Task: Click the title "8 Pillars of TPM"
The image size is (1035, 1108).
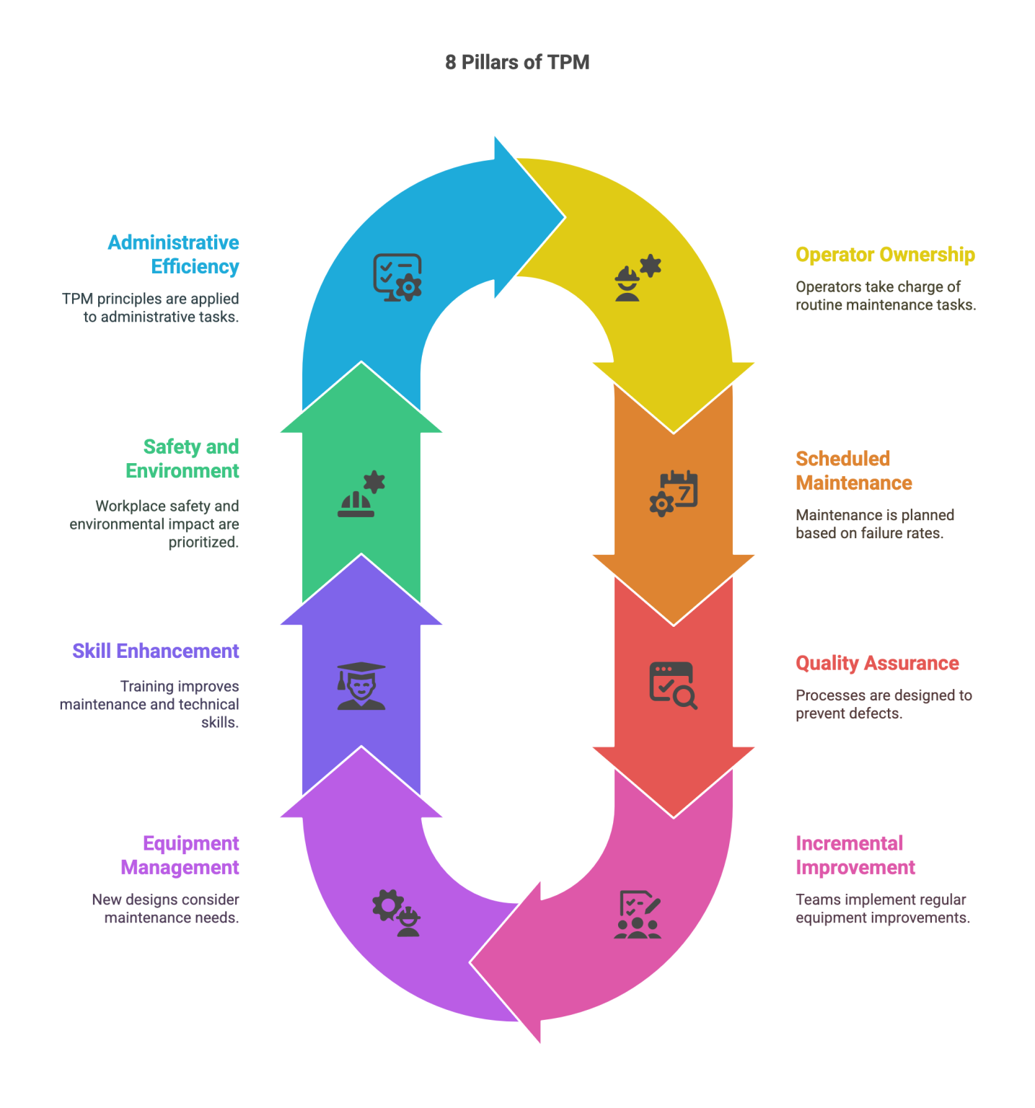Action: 517,62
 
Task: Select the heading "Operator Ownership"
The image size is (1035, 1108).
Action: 885,255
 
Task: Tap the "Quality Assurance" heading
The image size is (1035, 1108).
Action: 877,663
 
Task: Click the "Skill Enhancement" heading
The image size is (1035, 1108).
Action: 156,651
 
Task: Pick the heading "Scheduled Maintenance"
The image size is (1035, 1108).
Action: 853,470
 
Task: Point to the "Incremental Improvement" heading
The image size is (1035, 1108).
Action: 855,855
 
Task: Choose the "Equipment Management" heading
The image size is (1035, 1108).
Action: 180,855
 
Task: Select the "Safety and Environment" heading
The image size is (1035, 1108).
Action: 183,458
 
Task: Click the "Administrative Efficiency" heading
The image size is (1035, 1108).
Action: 175,254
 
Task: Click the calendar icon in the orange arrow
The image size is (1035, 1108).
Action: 674,493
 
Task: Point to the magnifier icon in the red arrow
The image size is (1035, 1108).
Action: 674,685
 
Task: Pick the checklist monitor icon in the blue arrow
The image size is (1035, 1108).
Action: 397,277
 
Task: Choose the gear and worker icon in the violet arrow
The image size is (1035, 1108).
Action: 396,913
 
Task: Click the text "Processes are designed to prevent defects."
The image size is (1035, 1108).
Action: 884,704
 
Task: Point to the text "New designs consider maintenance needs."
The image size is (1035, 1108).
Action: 166,908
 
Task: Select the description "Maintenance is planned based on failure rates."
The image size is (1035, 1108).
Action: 875,524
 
